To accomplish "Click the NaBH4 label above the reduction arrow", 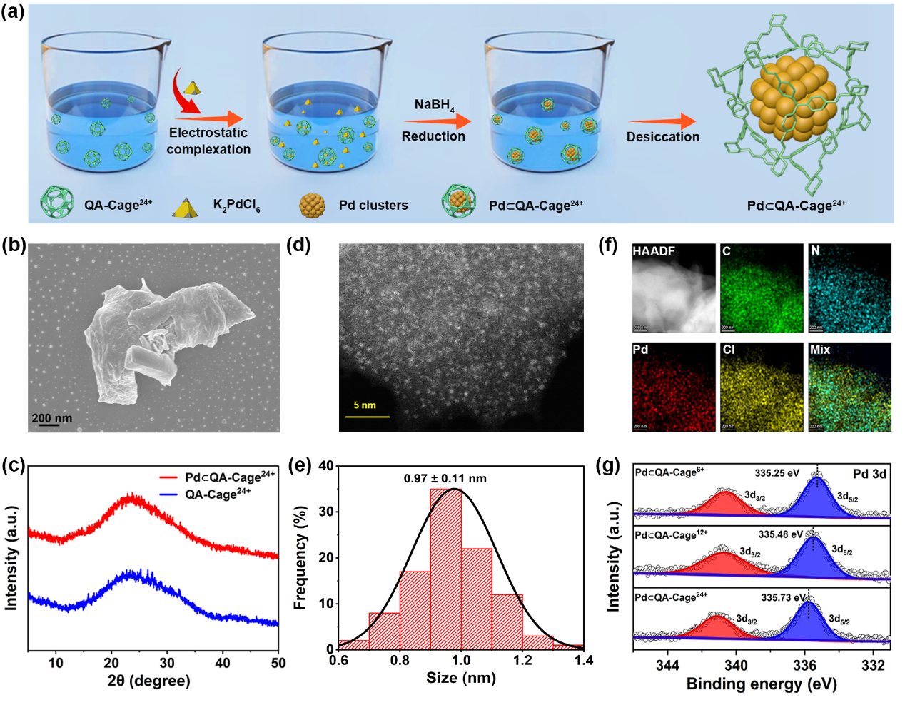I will pyautogui.click(x=434, y=105).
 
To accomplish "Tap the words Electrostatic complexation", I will pyautogui.click(x=208, y=141).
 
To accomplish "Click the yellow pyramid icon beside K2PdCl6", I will pyautogui.click(x=186, y=207).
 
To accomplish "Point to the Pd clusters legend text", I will pyautogui.click(x=373, y=206).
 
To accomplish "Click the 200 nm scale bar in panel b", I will pyautogui.click(x=49, y=425).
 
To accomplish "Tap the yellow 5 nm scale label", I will pyautogui.click(x=365, y=405).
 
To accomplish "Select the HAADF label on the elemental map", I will pyautogui.click(x=654, y=251).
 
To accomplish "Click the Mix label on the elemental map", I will pyautogui.click(x=820, y=350).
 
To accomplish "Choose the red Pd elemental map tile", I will pyautogui.click(x=673, y=387).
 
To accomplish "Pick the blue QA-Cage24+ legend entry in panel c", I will pyautogui.click(x=218, y=494).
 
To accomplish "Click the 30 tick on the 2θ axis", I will pyautogui.click(x=167, y=663).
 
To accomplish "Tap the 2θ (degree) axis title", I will pyautogui.click(x=149, y=681).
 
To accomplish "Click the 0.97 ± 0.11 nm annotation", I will pyautogui.click(x=445, y=478).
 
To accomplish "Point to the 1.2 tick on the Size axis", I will pyautogui.click(x=522, y=661).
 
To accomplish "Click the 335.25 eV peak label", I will pyautogui.click(x=777, y=473).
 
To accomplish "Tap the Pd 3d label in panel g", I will pyautogui.click(x=869, y=474).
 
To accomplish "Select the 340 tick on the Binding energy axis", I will pyautogui.click(x=736, y=666).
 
